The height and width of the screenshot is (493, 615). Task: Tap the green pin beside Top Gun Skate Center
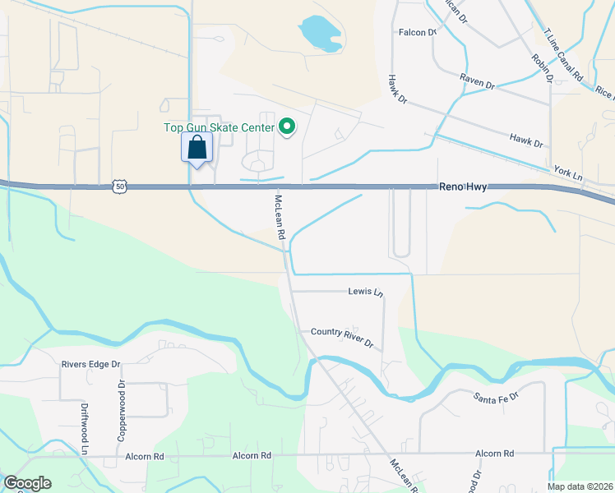[287, 127]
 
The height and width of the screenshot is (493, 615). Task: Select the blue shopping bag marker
[197, 149]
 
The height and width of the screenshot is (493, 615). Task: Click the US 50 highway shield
[120, 187]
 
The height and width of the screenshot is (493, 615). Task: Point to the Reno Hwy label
[462, 187]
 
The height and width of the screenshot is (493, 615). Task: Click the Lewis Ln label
[365, 292]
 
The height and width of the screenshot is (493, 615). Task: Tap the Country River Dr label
[341, 338]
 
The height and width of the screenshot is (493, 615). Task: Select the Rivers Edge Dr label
[91, 364]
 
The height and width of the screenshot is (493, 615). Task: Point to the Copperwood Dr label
[120, 410]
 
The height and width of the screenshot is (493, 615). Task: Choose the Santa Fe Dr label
[496, 397]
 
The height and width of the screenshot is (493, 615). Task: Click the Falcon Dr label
[417, 32]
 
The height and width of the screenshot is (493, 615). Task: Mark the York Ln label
[567, 175]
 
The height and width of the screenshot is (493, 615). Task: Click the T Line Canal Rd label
[563, 58]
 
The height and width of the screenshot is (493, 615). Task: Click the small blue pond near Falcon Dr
[319, 34]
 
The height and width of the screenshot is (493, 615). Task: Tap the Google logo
[27, 483]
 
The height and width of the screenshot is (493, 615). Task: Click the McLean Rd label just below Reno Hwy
[280, 218]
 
